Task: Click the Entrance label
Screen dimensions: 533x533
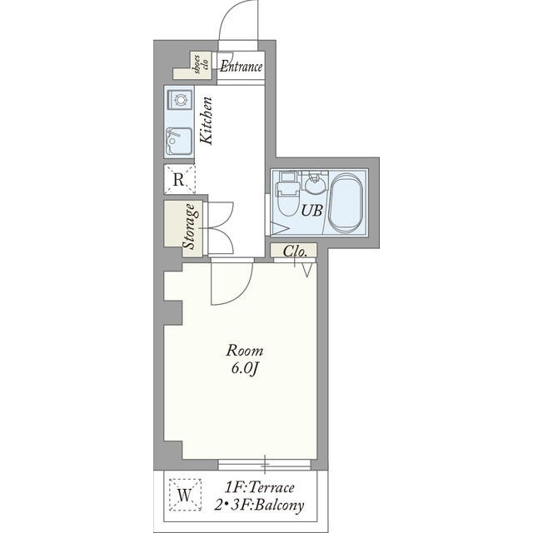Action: (241, 67)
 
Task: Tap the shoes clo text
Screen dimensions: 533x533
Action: (201, 64)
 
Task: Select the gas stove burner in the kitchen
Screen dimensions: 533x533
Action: (179, 100)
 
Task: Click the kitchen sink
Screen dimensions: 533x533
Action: (178, 141)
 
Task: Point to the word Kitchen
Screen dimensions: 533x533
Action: (206, 121)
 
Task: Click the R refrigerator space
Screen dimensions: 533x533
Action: (179, 179)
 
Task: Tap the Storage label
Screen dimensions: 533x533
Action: (189, 226)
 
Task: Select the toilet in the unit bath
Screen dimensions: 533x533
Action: (287, 194)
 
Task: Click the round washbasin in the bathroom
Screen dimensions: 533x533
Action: (314, 183)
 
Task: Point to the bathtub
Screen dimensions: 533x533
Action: (346, 203)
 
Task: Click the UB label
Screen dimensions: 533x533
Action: (311, 211)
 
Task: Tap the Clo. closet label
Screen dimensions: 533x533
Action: (295, 252)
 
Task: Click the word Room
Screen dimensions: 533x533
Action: (245, 351)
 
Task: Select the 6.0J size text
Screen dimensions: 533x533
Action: (245, 369)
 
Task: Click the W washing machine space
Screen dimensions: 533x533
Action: (185, 495)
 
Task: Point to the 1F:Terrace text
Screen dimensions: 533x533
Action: (259, 488)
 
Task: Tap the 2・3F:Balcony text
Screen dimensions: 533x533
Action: (259, 506)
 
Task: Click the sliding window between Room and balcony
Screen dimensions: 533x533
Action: (264, 465)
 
